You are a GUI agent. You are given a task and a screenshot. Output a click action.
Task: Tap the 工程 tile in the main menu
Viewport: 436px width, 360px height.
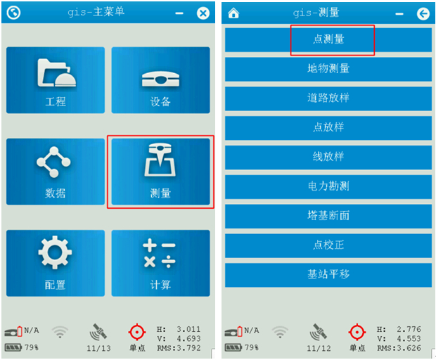click(56, 80)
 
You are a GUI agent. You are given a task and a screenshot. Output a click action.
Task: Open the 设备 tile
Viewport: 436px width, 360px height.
click(160, 80)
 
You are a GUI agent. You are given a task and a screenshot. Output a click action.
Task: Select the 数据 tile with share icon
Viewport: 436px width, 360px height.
click(56, 172)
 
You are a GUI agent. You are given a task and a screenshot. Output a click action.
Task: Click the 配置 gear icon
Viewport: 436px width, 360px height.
click(55, 252)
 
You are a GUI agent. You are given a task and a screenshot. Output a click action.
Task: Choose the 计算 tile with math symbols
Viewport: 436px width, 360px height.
click(160, 263)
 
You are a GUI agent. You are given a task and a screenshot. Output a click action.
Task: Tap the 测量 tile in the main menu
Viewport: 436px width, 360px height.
click(160, 172)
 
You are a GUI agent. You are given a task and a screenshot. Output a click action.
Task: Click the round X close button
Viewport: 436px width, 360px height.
click(203, 13)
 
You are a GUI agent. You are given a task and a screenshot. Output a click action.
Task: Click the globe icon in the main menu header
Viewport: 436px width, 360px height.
click(13, 13)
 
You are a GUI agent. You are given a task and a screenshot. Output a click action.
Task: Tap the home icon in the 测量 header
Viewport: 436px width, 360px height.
click(233, 13)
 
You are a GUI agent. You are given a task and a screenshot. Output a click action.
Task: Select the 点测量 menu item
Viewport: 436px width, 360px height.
click(328, 40)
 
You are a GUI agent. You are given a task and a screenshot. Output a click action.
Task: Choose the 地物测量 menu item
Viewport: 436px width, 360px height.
click(328, 69)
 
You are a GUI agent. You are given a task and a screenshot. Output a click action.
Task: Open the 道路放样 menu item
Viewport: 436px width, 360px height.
click(328, 98)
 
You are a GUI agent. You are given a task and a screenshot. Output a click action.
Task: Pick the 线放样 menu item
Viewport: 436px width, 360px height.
click(328, 157)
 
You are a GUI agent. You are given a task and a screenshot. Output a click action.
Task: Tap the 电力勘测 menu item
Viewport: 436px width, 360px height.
click(328, 187)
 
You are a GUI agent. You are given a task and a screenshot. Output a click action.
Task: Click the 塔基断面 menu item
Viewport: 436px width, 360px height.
click(328, 217)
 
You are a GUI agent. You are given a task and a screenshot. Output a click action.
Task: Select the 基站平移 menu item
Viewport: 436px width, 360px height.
click(328, 275)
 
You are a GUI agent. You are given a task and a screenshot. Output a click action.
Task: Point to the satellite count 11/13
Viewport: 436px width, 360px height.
click(98, 348)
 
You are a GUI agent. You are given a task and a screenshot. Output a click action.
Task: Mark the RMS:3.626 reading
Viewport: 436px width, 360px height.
click(399, 348)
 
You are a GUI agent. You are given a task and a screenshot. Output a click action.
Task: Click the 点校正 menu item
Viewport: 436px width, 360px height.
click(328, 246)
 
